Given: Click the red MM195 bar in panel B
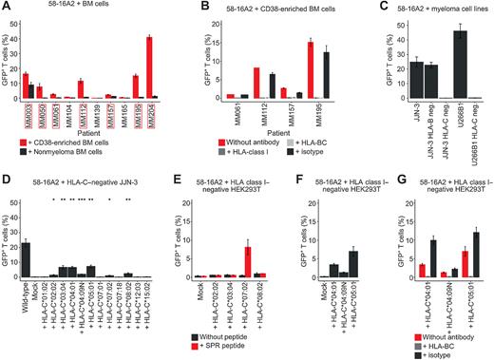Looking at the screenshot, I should [310, 70].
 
